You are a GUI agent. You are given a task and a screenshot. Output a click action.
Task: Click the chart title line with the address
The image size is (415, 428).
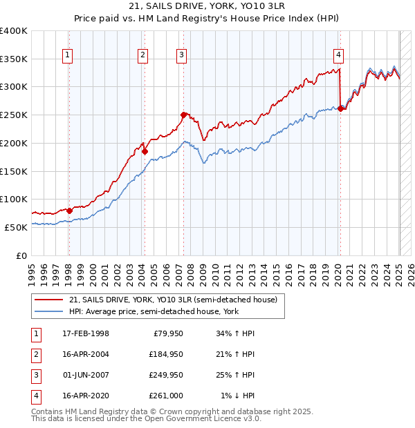tap(207, 7)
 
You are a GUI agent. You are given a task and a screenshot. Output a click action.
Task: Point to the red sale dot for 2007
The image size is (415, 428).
tap(183, 115)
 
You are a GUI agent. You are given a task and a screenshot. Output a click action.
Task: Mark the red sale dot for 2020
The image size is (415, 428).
tap(340, 108)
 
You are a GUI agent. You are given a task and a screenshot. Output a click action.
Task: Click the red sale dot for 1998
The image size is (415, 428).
tap(69, 211)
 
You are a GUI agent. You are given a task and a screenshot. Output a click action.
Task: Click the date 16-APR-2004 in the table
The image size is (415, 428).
tap(84, 355)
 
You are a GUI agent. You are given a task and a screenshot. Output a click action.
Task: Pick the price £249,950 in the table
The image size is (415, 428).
tap(166, 376)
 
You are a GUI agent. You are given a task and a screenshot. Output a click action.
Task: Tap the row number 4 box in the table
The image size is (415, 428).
tap(35, 396)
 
